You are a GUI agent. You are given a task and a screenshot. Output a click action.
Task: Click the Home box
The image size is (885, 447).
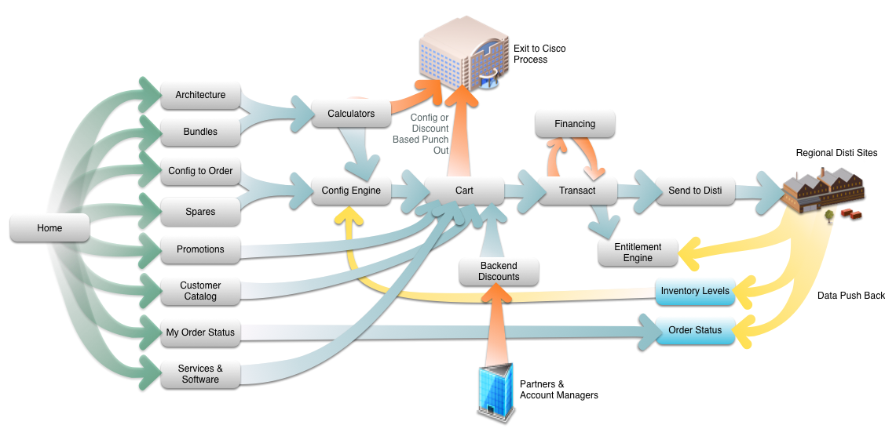(49, 228)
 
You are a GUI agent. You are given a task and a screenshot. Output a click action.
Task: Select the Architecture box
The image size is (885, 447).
(200, 95)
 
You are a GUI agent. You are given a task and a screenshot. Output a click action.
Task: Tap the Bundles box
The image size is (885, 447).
(200, 132)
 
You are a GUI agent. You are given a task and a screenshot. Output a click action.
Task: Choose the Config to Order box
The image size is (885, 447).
(200, 171)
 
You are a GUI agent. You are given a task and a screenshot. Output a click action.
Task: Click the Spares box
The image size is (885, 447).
(200, 212)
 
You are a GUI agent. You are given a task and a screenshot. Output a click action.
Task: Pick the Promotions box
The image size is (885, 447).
(200, 249)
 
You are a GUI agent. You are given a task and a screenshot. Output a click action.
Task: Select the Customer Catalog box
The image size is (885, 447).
(200, 291)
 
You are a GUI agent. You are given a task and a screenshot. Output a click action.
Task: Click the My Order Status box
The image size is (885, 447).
(200, 333)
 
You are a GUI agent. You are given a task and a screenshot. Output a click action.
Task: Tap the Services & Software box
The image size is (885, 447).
(200, 374)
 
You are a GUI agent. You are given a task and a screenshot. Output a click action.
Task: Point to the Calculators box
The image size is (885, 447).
(351, 114)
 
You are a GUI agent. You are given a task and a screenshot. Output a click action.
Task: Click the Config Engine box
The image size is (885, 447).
(351, 191)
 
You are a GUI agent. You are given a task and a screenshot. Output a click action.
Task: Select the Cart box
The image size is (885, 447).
(464, 191)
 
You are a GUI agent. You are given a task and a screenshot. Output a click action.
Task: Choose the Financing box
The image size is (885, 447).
(575, 124)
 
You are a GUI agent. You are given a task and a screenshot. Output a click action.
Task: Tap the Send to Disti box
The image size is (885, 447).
(695, 191)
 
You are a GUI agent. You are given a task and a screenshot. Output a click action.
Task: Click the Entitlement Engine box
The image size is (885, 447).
(638, 253)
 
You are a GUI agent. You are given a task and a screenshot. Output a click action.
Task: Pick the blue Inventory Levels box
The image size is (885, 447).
(695, 291)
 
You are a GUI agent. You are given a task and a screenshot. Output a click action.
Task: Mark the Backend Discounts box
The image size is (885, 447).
(499, 271)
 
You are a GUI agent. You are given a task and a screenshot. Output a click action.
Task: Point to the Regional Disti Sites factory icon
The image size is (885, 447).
(821, 193)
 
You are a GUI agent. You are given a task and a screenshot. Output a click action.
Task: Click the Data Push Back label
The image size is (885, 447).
(850, 296)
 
